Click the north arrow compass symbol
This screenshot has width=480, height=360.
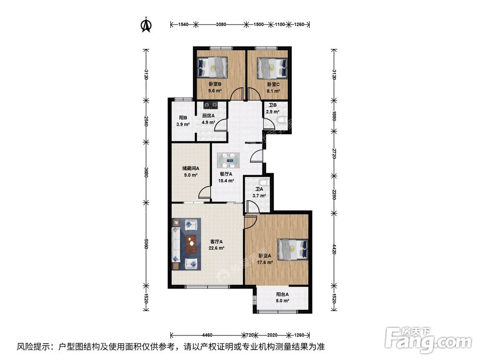146,24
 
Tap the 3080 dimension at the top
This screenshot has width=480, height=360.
221,24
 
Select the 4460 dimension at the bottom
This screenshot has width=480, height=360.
207,335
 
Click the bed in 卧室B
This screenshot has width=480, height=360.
214,67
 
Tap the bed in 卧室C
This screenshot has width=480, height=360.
272,68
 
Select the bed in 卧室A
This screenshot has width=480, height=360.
292,249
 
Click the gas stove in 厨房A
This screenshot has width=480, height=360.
211,105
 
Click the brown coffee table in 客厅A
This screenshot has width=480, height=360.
192,244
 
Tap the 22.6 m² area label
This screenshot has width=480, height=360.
216,248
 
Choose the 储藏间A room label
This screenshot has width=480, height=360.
191,168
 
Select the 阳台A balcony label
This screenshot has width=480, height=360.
282,295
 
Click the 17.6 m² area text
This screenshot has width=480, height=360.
265,263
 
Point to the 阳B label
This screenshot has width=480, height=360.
183,118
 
